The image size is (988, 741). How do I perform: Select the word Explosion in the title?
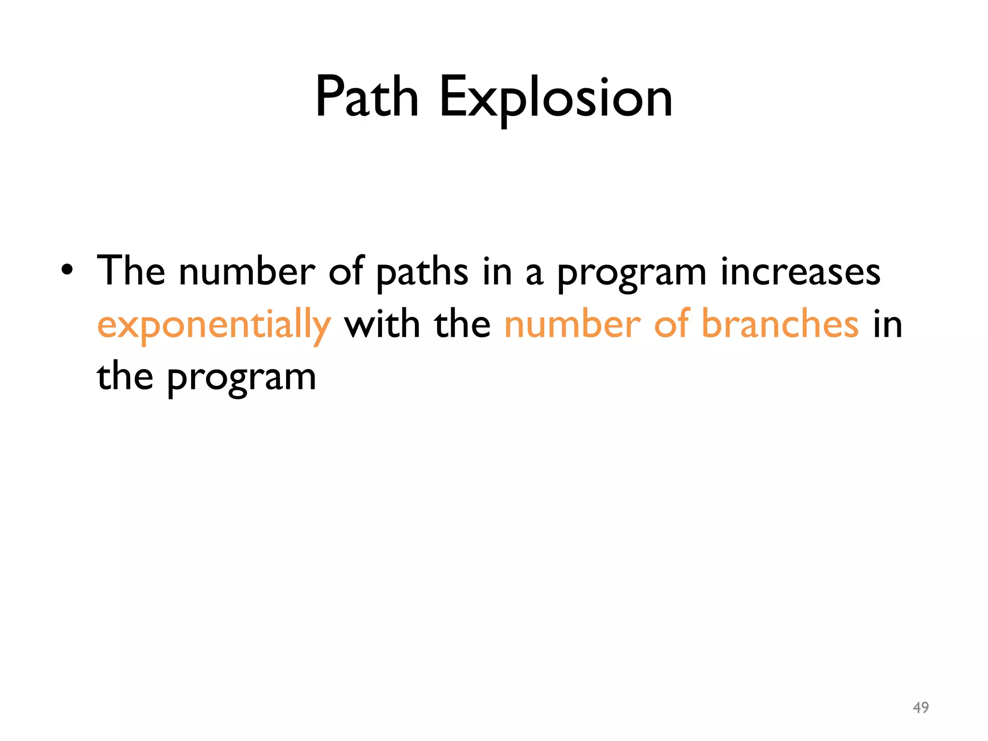[556, 98]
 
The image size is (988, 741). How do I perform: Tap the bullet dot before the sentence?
[67, 271]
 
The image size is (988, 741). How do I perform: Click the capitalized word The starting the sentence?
[131, 271]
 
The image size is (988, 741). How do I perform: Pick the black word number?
[247, 271]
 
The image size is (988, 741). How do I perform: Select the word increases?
[800, 272]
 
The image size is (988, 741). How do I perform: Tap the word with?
[382, 324]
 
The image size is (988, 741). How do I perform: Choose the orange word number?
[573, 324]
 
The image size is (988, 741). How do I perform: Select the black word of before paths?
[346, 271]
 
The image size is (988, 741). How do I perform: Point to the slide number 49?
[920, 707]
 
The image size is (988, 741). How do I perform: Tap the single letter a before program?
[534, 273]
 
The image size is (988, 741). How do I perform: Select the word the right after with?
[462, 324]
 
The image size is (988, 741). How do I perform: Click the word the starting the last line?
[125, 376]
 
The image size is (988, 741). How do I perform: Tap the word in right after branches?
[888, 324]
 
